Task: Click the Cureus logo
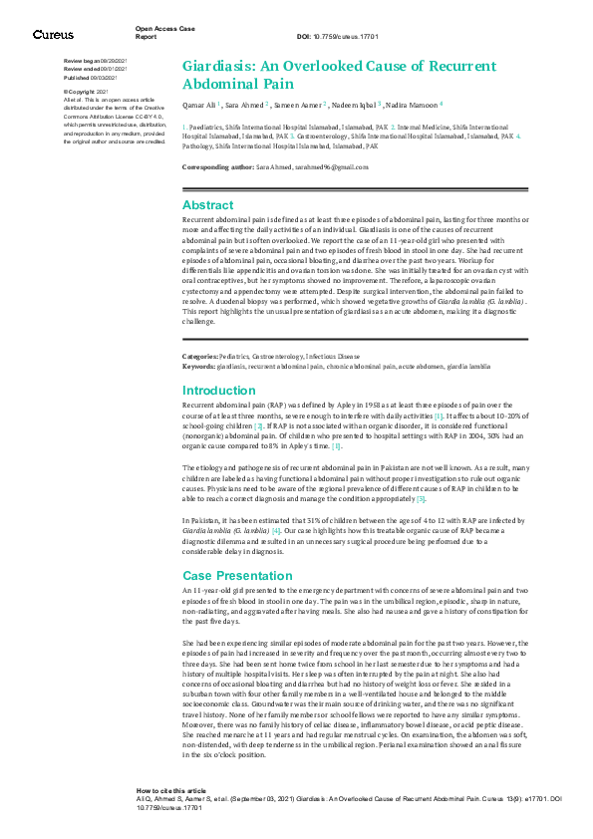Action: click(52, 35)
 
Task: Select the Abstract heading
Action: click(208, 204)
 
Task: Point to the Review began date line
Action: click(95, 62)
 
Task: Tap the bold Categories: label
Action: click(200, 356)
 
